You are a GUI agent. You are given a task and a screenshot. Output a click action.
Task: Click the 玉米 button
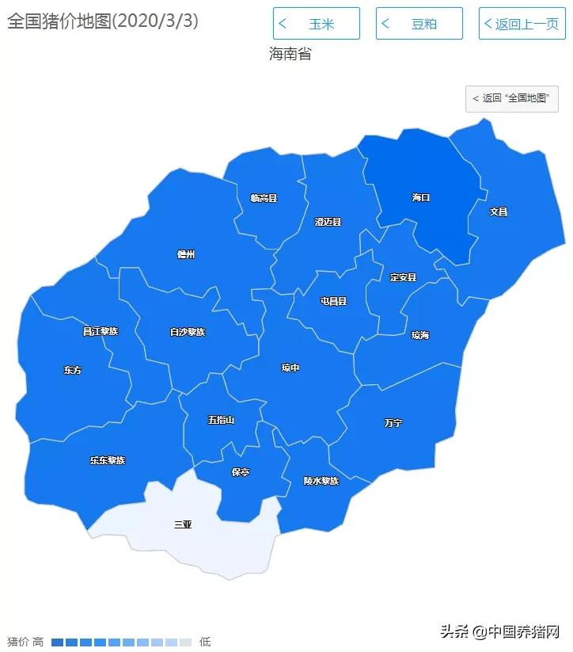(x=316, y=24)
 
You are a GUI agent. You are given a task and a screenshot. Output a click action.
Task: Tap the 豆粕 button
(x=419, y=24)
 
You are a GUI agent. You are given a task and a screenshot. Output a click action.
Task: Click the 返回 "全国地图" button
(x=512, y=98)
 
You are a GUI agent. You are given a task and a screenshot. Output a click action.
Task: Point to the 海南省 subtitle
(x=290, y=55)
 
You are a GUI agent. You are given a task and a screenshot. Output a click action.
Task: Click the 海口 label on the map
(x=420, y=197)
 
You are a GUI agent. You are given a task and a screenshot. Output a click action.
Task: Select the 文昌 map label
(x=498, y=212)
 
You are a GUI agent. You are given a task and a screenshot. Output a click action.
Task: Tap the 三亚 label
(x=183, y=524)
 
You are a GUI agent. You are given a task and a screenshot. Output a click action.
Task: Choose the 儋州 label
(x=185, y=254)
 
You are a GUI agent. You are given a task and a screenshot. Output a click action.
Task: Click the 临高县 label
(x=264, y=198)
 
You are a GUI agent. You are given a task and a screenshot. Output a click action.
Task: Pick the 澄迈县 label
(x=328, y=222)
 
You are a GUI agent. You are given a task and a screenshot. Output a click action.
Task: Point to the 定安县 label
(x=403, y=277)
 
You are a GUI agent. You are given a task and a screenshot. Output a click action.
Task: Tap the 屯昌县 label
(x=333, y=301)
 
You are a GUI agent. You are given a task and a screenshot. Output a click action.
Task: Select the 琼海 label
(x=419, y=335)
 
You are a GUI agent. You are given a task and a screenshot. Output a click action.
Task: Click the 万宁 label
(x=393, y=423)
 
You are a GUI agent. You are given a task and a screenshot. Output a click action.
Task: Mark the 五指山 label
(x=221, y=419)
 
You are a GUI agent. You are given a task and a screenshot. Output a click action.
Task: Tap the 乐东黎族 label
(x=107, y=460)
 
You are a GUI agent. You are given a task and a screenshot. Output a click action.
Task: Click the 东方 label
(x=72, y=370)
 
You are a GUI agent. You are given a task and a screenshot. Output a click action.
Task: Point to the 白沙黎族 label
(x=188, y=332)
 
